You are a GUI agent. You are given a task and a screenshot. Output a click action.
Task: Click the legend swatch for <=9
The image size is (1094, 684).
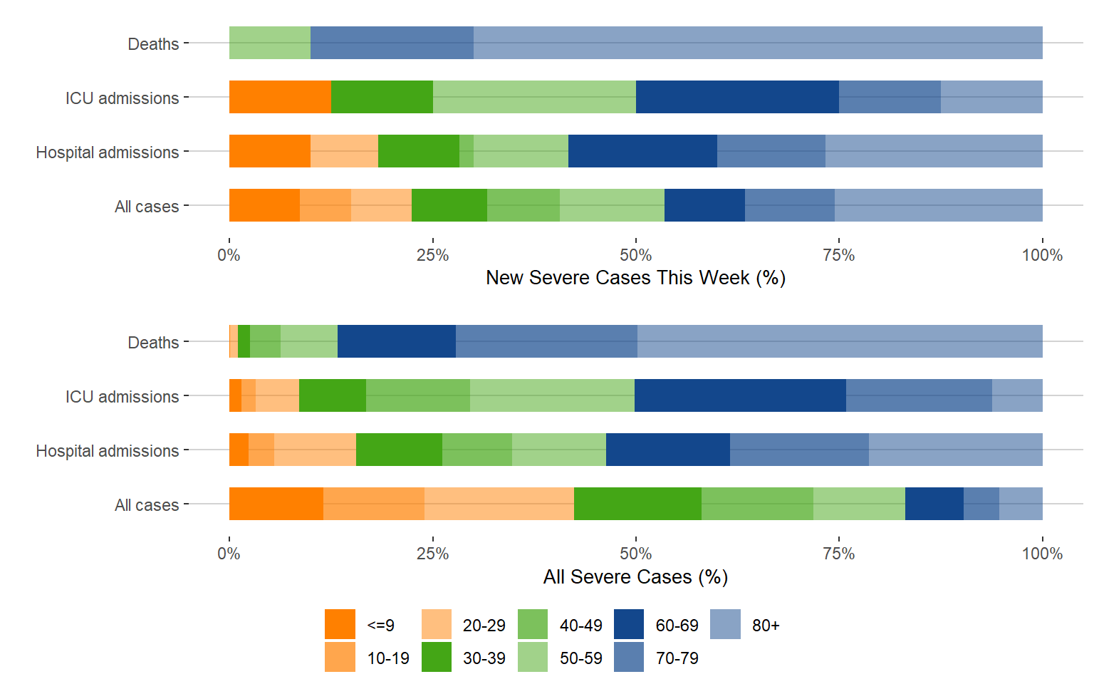click(x=340, y=624)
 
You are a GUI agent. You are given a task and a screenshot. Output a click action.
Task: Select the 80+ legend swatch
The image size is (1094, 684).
click(x=725, y=624)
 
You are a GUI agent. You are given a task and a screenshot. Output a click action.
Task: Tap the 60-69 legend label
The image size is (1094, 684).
click(x=677, y=626)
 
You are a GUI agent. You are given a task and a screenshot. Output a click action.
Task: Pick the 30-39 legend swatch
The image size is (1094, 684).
click(x=437, y=657)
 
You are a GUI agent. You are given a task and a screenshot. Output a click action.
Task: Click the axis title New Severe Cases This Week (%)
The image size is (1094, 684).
click(x=635, y=278)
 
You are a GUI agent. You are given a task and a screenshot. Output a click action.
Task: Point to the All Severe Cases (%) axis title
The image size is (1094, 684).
click(x=635, y=576)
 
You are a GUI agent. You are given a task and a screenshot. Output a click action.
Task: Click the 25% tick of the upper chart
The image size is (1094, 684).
click(x=432, y=255)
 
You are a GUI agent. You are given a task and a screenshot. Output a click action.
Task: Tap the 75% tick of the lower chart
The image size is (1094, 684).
click(x=839, y=554)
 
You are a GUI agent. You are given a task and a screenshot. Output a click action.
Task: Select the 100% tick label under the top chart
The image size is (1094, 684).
click(x=1042, y=255)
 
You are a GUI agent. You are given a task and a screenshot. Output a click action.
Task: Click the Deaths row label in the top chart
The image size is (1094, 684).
click(x=153, y=44)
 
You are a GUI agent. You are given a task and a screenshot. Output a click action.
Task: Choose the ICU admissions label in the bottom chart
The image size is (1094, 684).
click(x=122, y=397)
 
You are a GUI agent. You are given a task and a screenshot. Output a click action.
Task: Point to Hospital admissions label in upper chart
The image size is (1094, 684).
click(x=108, y=152)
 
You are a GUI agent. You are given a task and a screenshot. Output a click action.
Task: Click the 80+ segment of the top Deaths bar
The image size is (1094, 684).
click(x=758, y=43)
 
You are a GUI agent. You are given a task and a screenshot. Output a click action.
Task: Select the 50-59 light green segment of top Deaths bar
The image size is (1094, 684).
click(x=270, y=43)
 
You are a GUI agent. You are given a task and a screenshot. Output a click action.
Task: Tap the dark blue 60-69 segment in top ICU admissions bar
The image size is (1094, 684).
click(x=737, y=97)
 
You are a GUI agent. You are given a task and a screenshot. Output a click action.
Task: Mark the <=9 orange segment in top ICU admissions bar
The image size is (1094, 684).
click(x=280, y=97)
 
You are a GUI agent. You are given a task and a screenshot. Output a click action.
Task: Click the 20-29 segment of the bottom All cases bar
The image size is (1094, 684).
click(x=499, y=504)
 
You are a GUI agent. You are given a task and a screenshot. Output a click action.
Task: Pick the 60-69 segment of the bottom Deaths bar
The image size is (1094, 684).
click(x=396, y=341)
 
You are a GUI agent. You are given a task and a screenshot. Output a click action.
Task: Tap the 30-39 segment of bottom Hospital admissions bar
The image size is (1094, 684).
click(x=399, y=450)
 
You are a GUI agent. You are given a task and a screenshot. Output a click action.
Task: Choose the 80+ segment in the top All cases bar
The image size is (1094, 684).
click(x=938, y=205)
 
